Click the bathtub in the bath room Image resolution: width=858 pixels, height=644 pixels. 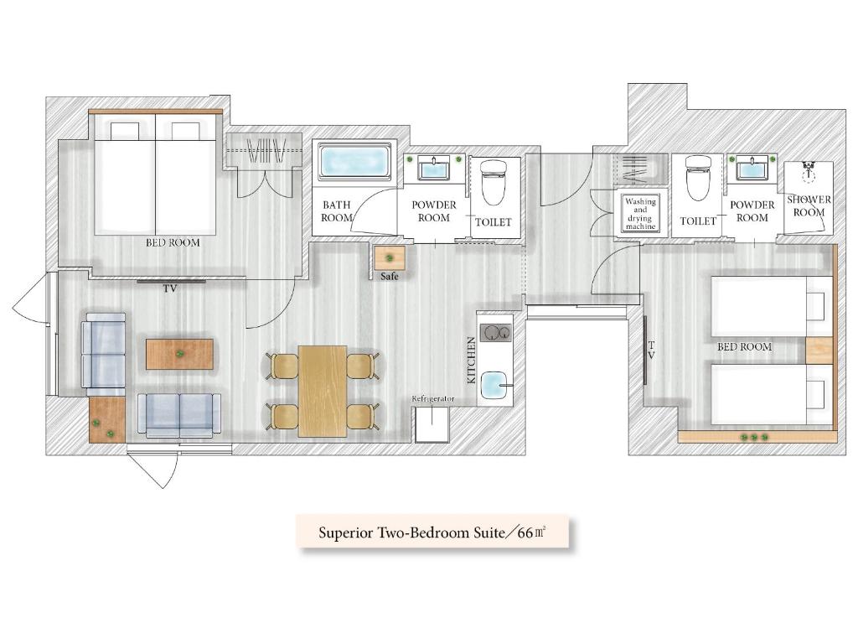pyautogui.click(x=354, y=162)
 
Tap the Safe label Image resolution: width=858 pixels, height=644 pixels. pyautogui.click(x=390, y=277)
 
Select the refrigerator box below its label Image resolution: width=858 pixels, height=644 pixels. pyautogui.click(x=432, y=423)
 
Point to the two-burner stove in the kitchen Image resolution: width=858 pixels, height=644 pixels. pyautogui.click(x=496, y=332)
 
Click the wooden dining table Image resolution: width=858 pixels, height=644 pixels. pyautogui.click(x=323, y=391)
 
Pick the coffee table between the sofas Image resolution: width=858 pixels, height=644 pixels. pyautogui.click(x=179, y=354)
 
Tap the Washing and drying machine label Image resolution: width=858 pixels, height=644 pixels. pyautogui.click(x=640, y=214)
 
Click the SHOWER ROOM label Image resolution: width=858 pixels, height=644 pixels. pyautogui.click(x=809, y=205)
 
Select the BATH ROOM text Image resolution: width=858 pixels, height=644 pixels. pyautogui.click(x=337, y=210)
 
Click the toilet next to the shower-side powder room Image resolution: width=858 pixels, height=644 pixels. pyautogui.click(x=698, y=178)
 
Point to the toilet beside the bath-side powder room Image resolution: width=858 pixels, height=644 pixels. pyautogui.click(x=494, y=182)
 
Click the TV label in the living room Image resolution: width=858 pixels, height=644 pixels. pyautogui.click(x=170, y=288)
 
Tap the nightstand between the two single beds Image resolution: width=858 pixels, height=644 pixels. pyautogui.click(x=819, y=351)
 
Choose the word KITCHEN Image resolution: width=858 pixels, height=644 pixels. pyautogui.click(x=471, y=360)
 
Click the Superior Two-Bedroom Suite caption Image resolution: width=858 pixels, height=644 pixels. pyautogui.click(x=433, y=532)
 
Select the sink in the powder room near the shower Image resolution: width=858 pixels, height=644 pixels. pyautogui.click(x=752, y=168)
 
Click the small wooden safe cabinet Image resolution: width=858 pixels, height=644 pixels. pyautogui.click(x=390, y=258)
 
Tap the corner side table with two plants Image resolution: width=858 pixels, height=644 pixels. pyautogui.click(x=107, y=419)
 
